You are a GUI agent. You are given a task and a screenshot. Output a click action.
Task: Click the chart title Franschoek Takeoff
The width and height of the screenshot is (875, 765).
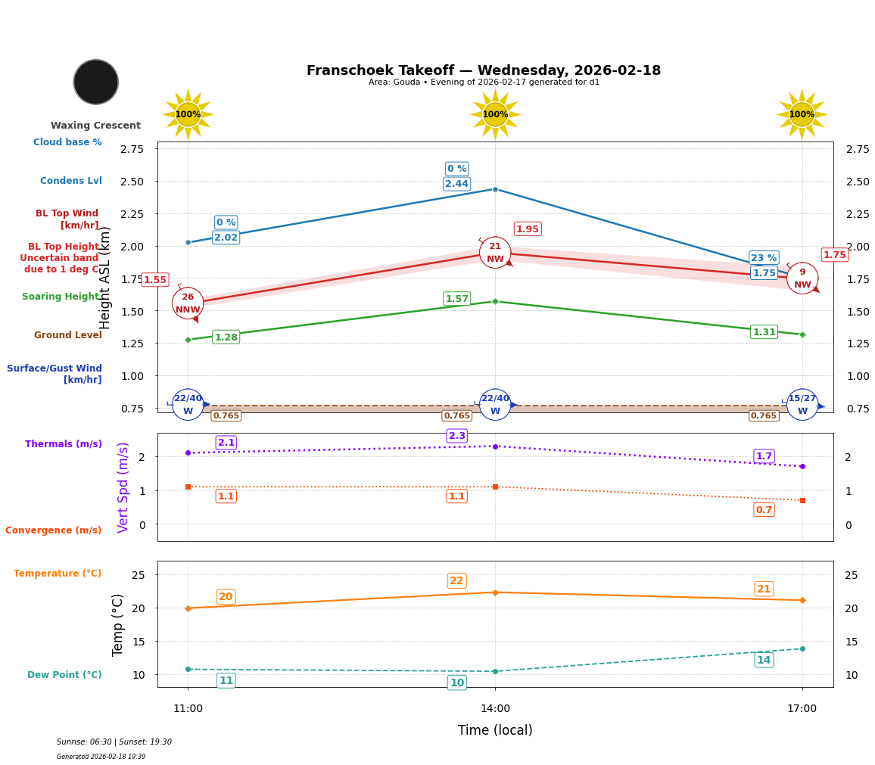(x=483, y=70)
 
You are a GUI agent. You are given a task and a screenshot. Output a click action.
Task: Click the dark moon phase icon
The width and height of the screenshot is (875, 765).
(x=96, y=82)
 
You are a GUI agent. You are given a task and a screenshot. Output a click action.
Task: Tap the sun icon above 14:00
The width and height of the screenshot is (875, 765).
(x=495, y=114)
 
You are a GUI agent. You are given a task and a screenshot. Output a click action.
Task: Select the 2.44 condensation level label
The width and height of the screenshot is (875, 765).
(x=456, y=184)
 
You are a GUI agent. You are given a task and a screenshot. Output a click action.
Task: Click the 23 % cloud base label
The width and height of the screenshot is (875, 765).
(x=764, y=258)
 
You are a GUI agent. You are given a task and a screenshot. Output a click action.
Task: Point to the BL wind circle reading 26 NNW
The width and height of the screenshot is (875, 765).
(x=188, y=303)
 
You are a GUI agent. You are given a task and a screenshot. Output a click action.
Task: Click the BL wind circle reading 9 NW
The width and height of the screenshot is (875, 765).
(x=802, y=278)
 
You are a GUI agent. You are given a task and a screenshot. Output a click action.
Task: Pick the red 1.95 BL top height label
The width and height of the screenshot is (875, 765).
(x=528, y=229)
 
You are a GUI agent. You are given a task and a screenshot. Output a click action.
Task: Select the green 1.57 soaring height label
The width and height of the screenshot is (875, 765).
(x=456, y=299)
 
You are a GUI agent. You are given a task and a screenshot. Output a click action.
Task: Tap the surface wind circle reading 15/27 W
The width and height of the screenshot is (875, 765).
(x=802, y=405)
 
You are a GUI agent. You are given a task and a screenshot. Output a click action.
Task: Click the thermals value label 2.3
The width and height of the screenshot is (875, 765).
(x=457, y=436)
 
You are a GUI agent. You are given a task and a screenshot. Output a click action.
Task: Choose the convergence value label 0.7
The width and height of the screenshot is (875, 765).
(x=764, y=510)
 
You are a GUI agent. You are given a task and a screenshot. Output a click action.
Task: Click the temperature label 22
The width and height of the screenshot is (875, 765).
(x=456, y=581)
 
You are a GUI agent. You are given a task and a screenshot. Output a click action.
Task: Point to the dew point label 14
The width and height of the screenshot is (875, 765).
(x=764, y=660)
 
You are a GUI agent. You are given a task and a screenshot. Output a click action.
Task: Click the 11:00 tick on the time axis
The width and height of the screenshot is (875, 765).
(x=188, y=709)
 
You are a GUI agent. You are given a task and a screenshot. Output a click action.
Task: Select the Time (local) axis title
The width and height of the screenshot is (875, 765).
(x=495, y=730)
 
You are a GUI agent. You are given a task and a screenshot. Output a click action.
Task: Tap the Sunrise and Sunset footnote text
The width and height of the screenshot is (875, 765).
(x=114, y=742)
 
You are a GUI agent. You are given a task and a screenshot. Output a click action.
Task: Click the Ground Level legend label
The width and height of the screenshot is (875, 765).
(x=68, y=335)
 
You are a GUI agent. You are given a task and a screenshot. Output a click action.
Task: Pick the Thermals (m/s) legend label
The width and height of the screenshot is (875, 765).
(x=64, y=444)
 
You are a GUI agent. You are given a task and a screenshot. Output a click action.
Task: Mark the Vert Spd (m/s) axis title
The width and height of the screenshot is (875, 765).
(x=123, y=487)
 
